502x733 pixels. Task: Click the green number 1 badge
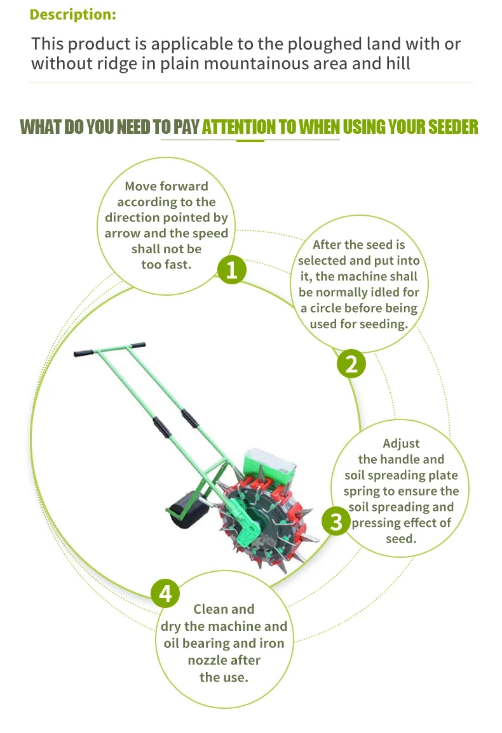pyautogui.click(x=232, y=270)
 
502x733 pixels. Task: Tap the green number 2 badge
pyautogui.click(x=351, y=364)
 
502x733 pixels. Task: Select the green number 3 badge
pyautogui.click(x=336, y=522)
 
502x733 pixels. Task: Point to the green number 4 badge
pyautogui.click(x=165, y=593)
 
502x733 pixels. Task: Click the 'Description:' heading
pyautogui.click(x=72, y=15)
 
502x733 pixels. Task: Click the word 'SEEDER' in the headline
pyautogui.click(x=453, y=127)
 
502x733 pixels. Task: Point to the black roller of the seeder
pyautogui.click(x=188, y=510)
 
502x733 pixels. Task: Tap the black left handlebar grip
pyautogui.click(x=83, y=353)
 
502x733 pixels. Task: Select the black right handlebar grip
pyautogui.click(x=138, y=345)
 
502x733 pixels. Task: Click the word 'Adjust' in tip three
pyautogui.click(x=401, y=443)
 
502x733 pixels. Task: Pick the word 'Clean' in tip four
pyautogui.click(x=210, y=609)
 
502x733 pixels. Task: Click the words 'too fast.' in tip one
pyautogui.click(x=166, y=265)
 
